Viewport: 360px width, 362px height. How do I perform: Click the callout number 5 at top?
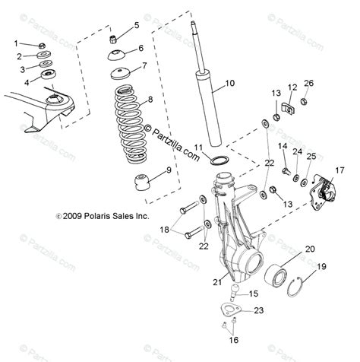tap(137, 25)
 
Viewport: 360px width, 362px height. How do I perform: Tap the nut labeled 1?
tap(45, 46)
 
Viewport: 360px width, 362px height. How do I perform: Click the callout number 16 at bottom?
tap(234, 340)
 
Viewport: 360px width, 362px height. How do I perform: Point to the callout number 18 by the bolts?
tap(164, 228)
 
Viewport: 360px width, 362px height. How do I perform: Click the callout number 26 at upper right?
tap(308, 83)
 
